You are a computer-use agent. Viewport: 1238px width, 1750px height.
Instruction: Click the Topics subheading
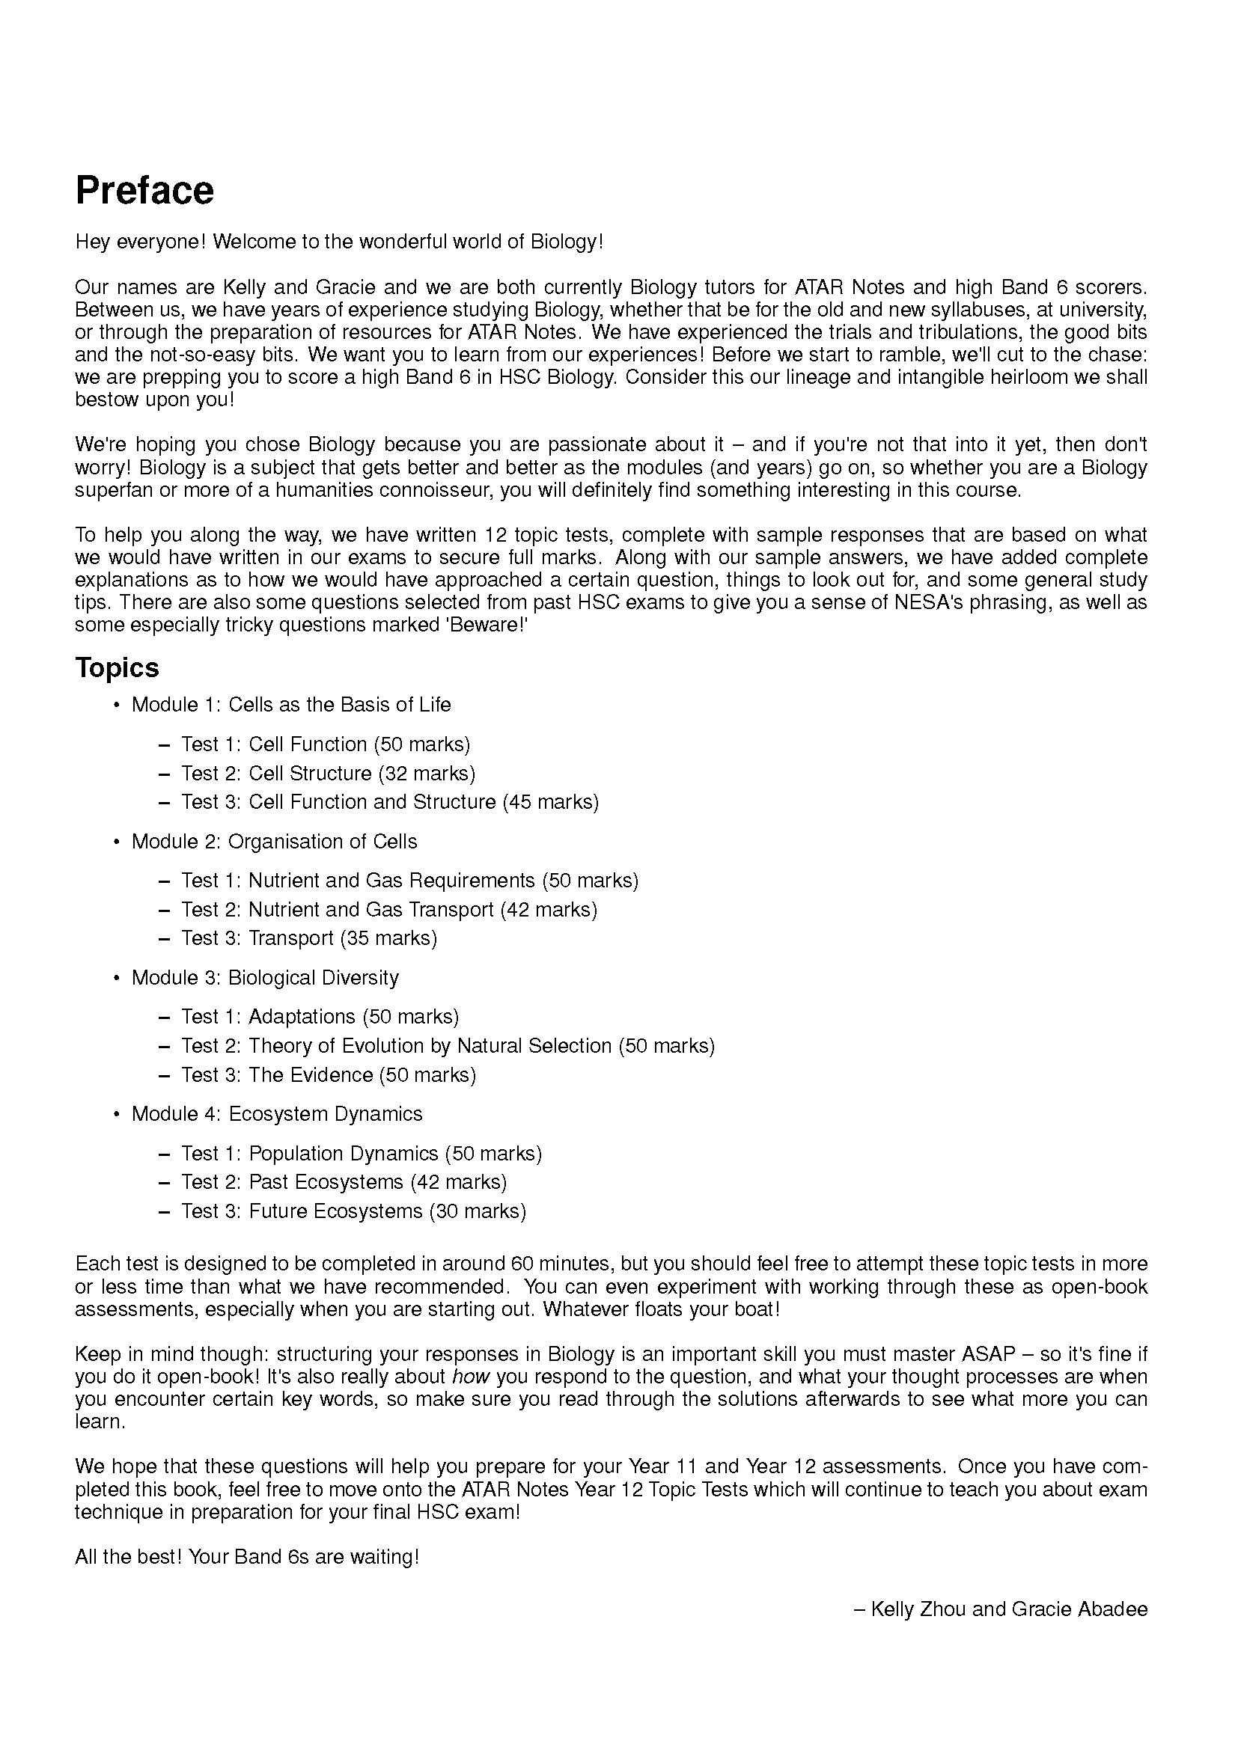click(x=117, y=667)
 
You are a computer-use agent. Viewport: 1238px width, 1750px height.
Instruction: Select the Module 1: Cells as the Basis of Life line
click(x=290, y=704)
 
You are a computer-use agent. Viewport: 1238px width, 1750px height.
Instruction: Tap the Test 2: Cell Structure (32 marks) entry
click(x=328, y=773)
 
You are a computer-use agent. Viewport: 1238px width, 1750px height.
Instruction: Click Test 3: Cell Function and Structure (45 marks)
click(x=389, y=802)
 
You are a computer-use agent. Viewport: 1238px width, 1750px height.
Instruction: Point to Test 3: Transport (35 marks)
click(x=308, y=938)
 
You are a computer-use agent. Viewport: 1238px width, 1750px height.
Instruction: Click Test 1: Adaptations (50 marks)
click(x=320, y=1017)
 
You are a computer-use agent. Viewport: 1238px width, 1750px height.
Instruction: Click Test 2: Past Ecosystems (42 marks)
click(x=344, y=1182)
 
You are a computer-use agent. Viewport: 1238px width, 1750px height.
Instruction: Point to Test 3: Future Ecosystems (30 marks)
click(x=353, y=1211)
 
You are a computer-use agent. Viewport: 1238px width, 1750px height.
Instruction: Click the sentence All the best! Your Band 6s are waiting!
click(x=247, y=1556)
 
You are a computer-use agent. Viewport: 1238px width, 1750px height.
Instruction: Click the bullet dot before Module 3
click(x=117, y=978)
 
